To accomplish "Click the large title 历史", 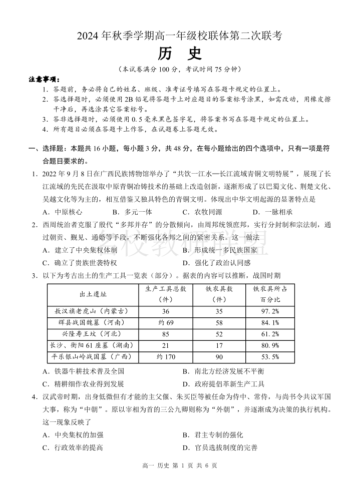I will pos(180,53).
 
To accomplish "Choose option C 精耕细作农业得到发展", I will pos(83,384).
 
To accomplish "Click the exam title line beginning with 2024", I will pos(180,36).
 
